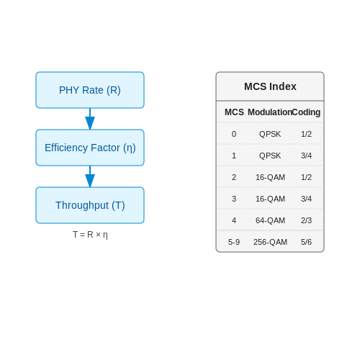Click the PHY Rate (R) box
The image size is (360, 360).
tap(90, 90)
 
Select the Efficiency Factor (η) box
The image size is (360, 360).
tap(90, 148)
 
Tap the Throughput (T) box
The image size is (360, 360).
tap(90, 205)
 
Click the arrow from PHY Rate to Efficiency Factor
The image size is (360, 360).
tap(90, 119)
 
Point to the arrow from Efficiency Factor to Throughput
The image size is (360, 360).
tap(90, 176)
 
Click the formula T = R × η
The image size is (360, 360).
tap(90, 235)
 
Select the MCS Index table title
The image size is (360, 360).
tap(270, 86)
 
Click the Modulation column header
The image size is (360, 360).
tap(270, 112)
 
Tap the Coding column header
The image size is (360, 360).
tap(306, 112)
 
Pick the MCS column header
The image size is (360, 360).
tap(234, 112)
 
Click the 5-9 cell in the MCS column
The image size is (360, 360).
tap(234, 242)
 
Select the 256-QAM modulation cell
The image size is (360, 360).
tap(270, 242)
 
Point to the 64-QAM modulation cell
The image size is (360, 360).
tap(270, 220)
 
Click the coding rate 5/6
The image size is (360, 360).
tap(306, 242)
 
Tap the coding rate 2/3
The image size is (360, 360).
tap(306, 220)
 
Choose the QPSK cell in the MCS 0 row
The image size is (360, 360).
tap(270, 134)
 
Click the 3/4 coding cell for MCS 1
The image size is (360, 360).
tap(306, 156)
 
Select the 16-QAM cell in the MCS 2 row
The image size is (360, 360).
tap(270, 177)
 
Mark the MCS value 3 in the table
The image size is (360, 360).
tap(234, 199)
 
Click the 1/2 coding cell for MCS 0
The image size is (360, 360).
tap(306, 134)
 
